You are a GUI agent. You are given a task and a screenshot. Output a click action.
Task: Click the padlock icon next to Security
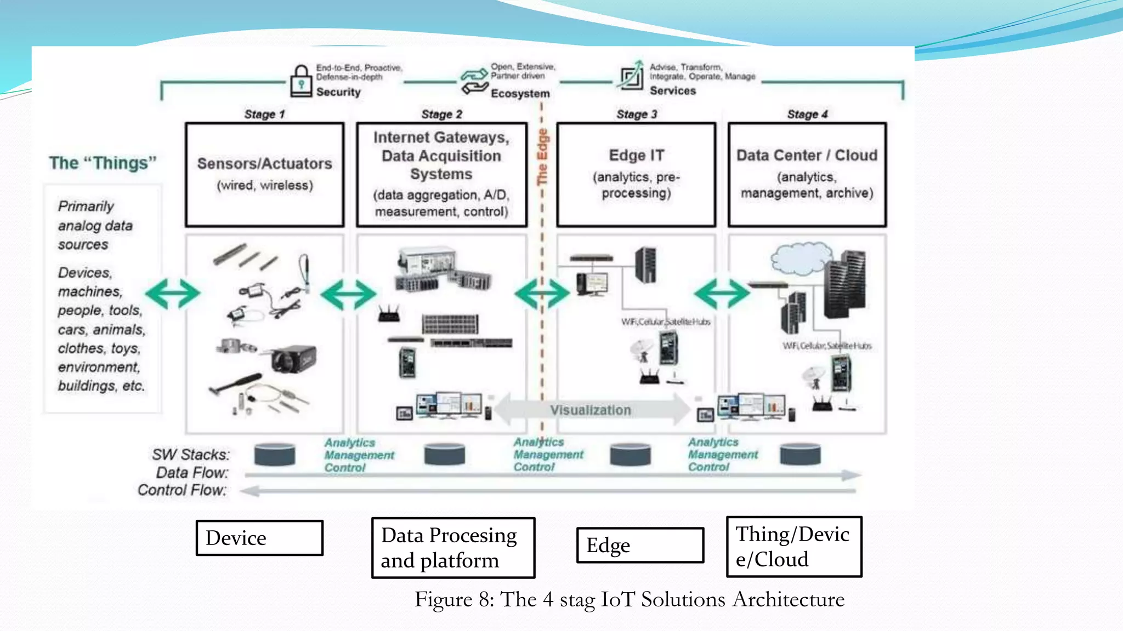(x=300, y=81)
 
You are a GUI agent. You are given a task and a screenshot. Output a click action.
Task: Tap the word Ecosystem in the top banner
(x=520, y=94)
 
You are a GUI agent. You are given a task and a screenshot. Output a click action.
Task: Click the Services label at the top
(x=672, y=91)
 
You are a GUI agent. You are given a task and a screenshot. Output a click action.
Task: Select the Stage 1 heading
(x=264, y=114)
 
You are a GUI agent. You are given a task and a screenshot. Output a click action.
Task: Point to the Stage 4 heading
(x=807, y=114)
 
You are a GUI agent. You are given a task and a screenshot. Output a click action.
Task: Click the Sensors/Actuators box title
(x=264, y=164)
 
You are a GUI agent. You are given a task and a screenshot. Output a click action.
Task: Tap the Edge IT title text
(x=636, y=156)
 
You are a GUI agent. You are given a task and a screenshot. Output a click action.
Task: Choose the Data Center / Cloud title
(x=807, y=156)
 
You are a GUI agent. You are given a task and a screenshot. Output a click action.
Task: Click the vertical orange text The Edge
(x=542, y=157)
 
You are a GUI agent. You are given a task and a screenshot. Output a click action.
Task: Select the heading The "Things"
(x=103, y=163)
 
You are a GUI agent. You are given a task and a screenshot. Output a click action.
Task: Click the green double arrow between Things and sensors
(x=172, y=294)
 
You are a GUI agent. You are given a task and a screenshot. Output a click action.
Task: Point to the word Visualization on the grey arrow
(x=591, y=410)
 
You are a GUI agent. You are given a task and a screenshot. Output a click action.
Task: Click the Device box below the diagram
(x=259, y=538)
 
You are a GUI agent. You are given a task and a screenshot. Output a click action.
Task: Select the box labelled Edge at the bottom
(x=639, y=545)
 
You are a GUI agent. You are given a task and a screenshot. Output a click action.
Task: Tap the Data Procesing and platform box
(x=453, y=548)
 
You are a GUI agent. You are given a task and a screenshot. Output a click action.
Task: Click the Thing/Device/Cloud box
(x=793, y=547)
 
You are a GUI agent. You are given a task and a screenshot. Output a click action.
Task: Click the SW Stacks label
(x=190, y=455)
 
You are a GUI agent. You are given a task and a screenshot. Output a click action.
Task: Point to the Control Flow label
(x=182, y=490)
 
